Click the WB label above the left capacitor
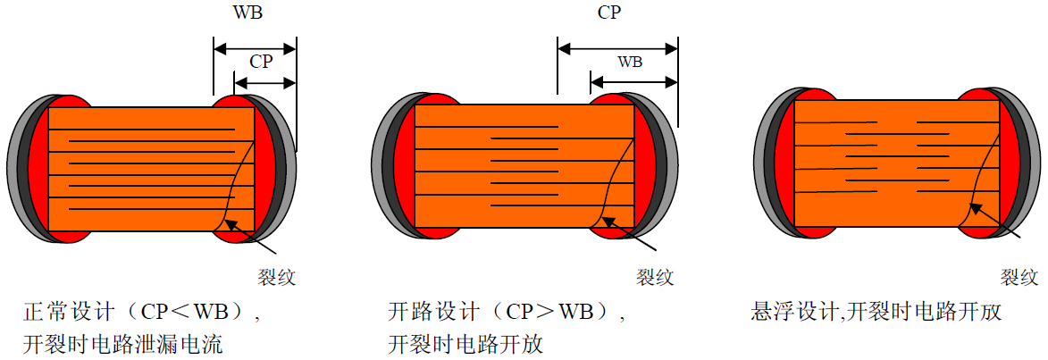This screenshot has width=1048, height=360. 247,13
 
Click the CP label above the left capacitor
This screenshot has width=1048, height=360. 262,63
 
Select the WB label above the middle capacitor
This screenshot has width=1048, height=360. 630,63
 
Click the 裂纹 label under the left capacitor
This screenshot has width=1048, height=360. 275,277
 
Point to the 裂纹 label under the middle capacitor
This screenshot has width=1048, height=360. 654,277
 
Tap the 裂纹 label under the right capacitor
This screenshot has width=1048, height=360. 1019,277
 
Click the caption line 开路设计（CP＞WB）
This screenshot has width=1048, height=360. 507,312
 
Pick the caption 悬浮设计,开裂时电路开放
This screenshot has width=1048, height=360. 876,312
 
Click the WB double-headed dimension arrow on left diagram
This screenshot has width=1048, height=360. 254,48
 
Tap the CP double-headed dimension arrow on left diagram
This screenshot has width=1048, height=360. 264,83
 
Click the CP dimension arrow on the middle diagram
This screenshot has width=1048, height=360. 617,48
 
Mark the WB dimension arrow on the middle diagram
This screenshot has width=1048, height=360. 634,83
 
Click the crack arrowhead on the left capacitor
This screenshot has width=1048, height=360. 231,224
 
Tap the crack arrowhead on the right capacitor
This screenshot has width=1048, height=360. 977,209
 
